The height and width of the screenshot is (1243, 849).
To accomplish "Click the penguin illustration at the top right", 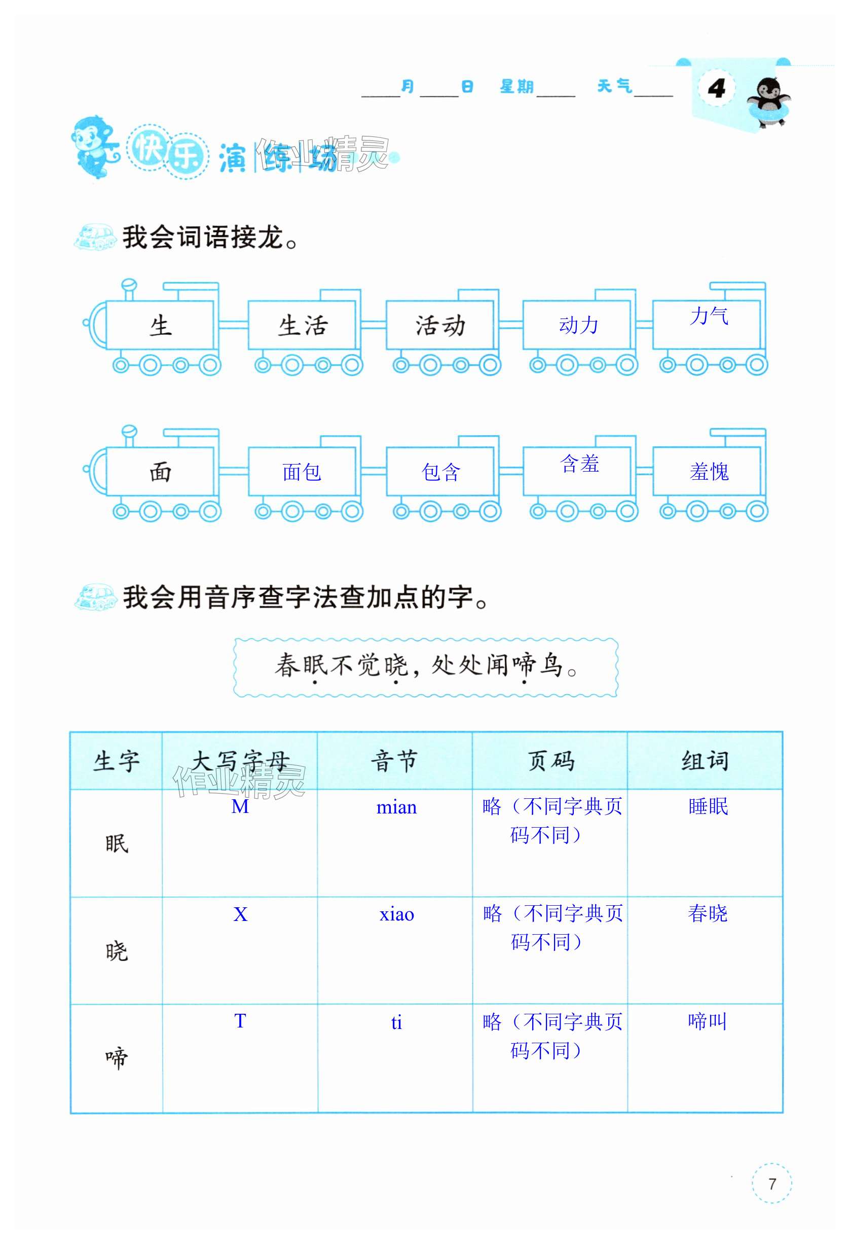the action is [767, 101].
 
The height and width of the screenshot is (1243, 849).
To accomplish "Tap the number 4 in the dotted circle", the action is [716, 88].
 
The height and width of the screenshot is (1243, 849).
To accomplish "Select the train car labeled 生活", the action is [303, 325].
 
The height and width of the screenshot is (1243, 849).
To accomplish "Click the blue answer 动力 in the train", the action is [578, 325].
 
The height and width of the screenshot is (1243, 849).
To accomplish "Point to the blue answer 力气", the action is [709, 315].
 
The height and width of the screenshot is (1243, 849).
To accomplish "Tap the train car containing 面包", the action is [302, 472].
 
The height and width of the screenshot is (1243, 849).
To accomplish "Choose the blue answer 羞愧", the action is [709, 472].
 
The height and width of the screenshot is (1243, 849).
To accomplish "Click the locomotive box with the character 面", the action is [160, 472].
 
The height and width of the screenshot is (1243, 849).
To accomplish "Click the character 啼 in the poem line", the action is [524, 665].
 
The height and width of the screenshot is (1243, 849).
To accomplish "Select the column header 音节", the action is [394, 761].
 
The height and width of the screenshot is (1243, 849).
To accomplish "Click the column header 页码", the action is [550, 761].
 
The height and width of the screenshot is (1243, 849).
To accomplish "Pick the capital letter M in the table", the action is [240, 806].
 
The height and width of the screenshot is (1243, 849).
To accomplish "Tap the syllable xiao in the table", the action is [397, 914].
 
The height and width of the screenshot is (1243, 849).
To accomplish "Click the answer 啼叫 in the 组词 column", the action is [707, 1021].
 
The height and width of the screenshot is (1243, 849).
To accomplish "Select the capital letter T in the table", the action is [240, 1021].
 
